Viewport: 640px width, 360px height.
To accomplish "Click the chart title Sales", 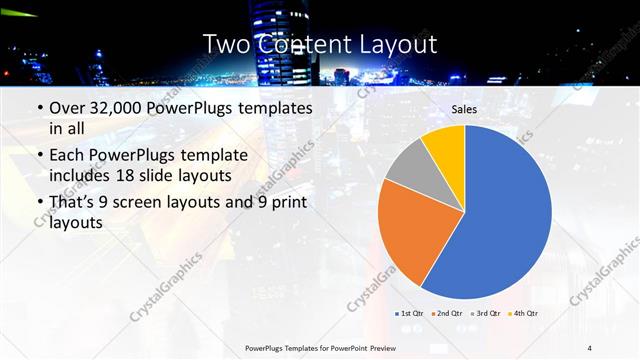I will (x=464, y=109).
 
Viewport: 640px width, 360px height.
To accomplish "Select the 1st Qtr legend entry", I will (x=411, y=313).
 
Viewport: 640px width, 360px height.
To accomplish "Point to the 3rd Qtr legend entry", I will (x=485, y=313).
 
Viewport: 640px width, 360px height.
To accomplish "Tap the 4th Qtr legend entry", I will (x=522, y=313).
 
